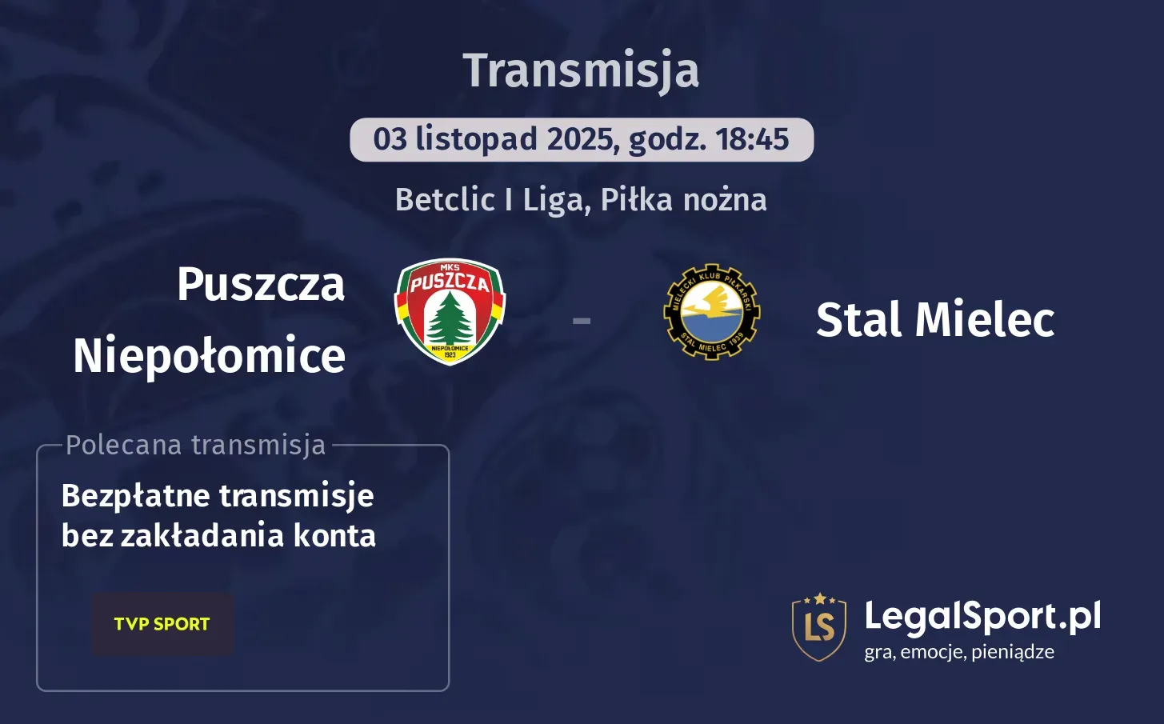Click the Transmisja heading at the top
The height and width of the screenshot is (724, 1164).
(x=581, y=70)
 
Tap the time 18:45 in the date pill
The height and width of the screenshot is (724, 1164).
(x=752, y=139)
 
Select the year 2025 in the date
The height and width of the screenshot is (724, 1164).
(x=580, y=139)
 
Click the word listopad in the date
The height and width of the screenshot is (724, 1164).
(x=476, y=139)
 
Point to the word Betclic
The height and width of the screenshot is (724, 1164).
(x=445, y=200)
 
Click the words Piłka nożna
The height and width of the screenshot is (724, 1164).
(x=683, y=200)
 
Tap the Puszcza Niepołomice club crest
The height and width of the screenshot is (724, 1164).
(x=450, y=312)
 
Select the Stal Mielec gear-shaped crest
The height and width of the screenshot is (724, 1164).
(x=711, y=312)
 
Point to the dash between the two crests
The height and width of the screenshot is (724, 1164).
(x=582, y=321)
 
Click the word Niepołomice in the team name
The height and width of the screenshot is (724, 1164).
(x=210, y=356)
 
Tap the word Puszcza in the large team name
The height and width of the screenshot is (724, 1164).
(x=261, y=284)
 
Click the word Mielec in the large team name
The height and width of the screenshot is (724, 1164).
(x=985, y=320)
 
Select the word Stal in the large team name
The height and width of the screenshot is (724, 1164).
(x=859, y=320)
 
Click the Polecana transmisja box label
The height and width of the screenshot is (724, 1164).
(x=196, y=445)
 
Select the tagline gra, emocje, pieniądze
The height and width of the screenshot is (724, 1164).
(x=958, y=652)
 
